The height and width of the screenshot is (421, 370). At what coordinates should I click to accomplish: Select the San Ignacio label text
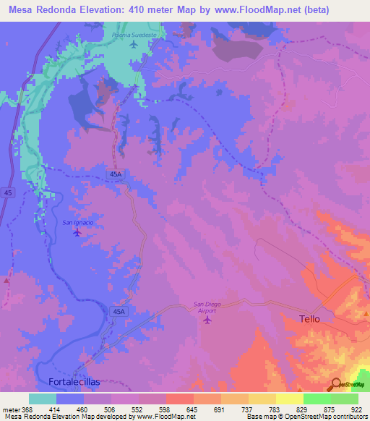77,222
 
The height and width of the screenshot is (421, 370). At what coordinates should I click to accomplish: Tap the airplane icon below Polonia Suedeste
134,45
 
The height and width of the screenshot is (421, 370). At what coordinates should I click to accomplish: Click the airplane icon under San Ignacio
78,233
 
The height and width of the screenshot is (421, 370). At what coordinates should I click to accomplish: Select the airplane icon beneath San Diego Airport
209,320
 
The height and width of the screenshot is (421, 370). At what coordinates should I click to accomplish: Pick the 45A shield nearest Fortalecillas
119,311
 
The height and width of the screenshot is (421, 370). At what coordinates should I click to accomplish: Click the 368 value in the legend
23,409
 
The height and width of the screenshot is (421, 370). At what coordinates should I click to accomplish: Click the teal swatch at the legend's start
42,399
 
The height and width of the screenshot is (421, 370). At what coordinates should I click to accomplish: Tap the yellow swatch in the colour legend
289,399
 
